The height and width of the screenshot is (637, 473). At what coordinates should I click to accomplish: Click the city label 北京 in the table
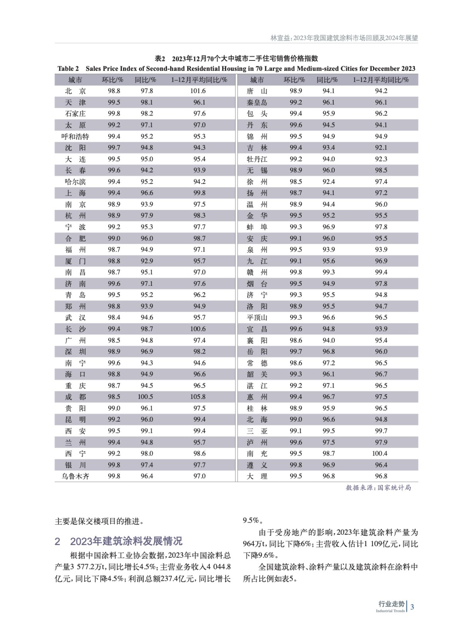click(75, 91)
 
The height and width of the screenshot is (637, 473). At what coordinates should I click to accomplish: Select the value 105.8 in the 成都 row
click(199, 397)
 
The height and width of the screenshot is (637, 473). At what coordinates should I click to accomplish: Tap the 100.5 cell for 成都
click(147, 397)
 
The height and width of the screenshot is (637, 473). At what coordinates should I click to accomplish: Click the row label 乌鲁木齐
click(75, 476)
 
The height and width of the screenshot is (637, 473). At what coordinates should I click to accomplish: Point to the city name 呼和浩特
click(75, 137)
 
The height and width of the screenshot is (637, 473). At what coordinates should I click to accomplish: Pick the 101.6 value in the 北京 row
click(199, 91)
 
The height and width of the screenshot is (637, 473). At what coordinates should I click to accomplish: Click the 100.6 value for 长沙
click(199, 329)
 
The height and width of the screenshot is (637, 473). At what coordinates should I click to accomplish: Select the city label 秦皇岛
click(257, 102)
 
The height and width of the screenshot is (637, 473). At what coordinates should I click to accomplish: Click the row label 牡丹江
click(257, 159)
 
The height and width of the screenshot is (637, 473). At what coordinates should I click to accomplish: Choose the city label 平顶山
click(257, 318)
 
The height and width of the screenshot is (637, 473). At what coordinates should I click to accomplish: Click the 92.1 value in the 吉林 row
click(381, 148)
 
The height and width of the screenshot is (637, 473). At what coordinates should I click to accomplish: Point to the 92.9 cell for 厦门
click(147, 261)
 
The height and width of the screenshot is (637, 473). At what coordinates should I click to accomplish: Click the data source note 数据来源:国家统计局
click(378, 488)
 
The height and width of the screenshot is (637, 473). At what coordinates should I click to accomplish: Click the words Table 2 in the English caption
click(68, 68)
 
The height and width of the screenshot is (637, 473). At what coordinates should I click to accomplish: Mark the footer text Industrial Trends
click(390, 611)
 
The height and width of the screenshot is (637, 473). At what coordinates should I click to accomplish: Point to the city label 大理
click(257, 476)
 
